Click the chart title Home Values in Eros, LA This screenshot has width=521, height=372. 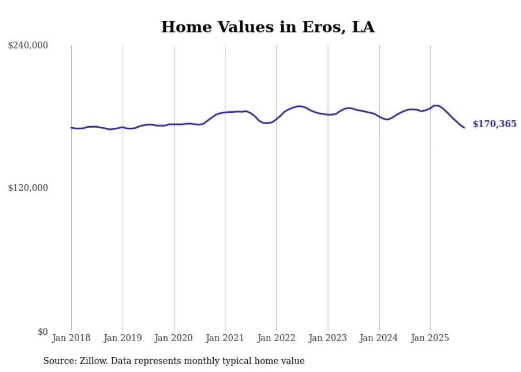267,27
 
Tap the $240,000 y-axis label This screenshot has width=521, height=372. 28,46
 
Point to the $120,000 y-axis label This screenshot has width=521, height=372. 28,188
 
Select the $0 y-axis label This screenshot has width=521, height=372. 43,332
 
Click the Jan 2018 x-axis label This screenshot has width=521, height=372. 71,338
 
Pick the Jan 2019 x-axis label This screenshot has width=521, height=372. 123,338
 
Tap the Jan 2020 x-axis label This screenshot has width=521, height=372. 174,338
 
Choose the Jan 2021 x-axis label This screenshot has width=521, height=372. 225,338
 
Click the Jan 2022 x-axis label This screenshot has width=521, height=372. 276,338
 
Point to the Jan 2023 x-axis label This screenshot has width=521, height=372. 327,338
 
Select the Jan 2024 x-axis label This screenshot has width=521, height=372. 379,338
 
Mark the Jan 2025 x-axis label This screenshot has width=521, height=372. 430,338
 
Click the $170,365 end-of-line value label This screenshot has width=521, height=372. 494,125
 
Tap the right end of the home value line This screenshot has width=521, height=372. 464,128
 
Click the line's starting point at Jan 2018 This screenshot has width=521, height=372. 71,128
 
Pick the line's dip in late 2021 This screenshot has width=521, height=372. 265,123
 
